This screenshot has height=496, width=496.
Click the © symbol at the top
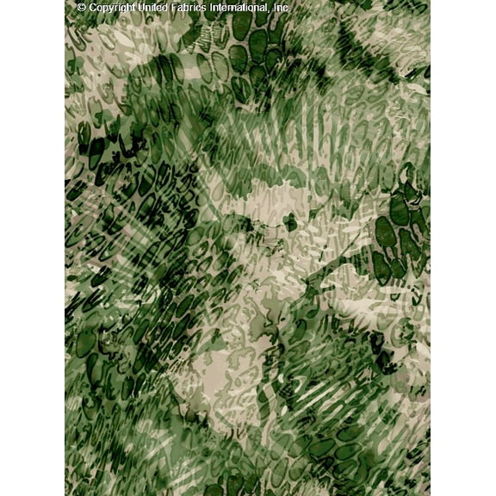click(82, 8)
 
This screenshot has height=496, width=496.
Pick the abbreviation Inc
click(282, 8)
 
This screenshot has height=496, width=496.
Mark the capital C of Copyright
click(93, 8)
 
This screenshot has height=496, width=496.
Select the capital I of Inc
click(276, 8)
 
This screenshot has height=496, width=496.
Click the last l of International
click(269, 8)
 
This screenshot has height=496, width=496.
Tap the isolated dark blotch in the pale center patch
click(290, 222)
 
